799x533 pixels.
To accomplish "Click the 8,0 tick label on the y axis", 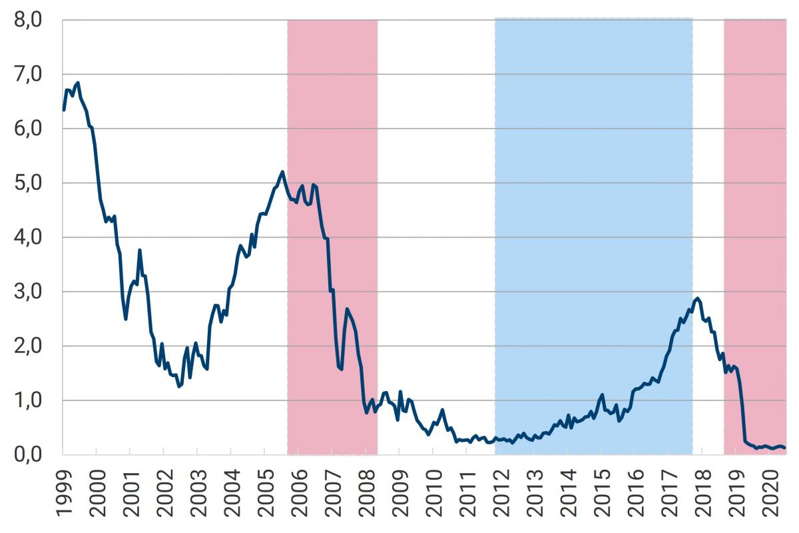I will (27, 20).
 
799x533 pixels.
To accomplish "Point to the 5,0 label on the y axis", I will (27, 183).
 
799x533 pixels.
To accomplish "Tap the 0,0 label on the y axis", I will (27, 455).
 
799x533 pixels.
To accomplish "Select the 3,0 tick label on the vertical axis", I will (27, 292).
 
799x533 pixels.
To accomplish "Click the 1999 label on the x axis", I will (63, 492).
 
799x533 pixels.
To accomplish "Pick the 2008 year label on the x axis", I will (366, 492).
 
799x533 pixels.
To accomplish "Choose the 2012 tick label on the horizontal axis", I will (500, 492).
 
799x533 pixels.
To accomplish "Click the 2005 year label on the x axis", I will (265, 492).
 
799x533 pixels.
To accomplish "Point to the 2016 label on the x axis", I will (635, 492).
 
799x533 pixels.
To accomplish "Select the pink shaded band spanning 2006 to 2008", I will (332, 100).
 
